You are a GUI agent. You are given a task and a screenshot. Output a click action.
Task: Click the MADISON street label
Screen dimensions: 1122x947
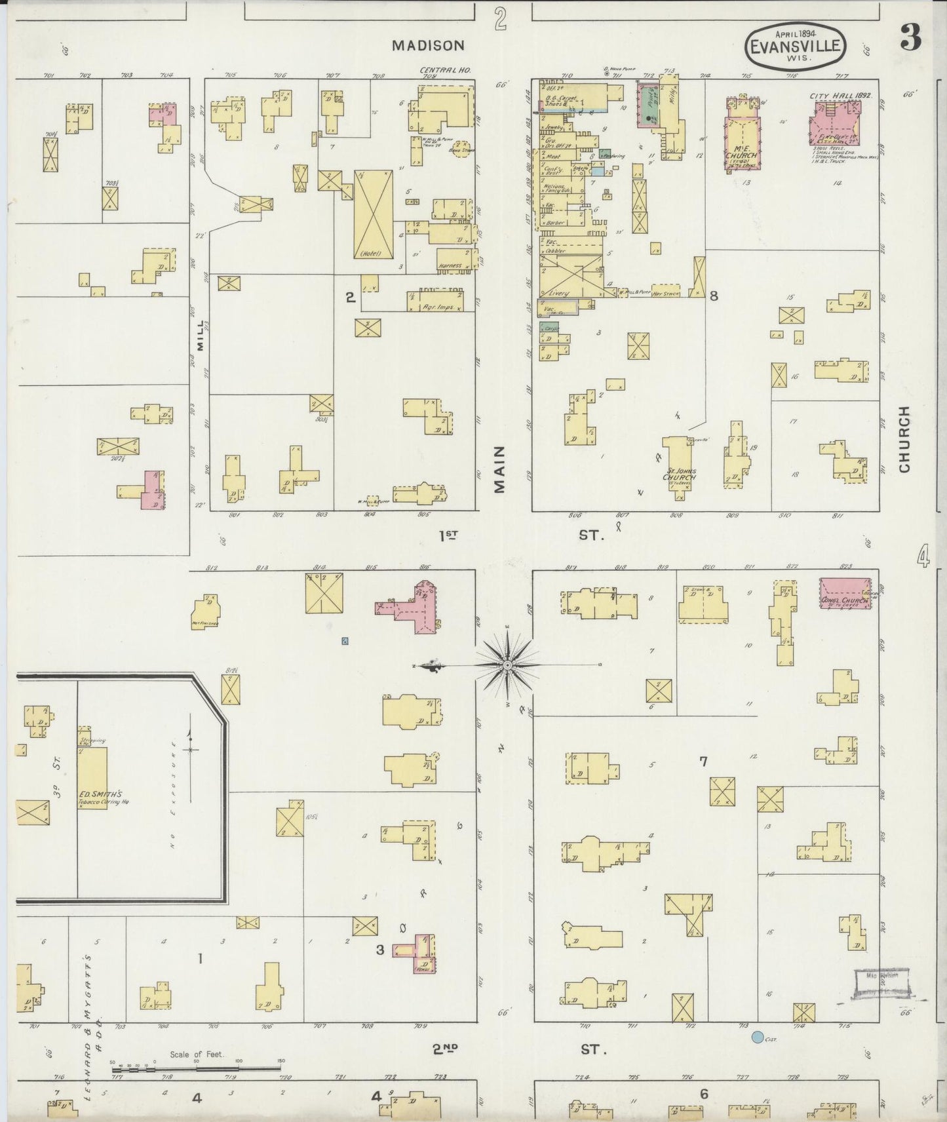pos(428,45)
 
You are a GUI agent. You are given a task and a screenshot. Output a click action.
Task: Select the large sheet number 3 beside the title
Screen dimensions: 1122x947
pos(910,39)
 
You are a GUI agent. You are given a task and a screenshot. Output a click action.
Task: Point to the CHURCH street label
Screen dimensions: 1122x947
pos(905,438)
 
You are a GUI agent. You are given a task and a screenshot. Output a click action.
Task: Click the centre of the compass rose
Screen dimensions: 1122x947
pos(507,665)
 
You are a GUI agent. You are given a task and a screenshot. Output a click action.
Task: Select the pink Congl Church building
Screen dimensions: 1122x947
pos(845,593)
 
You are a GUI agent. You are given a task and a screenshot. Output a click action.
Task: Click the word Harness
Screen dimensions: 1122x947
pos(450,266)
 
